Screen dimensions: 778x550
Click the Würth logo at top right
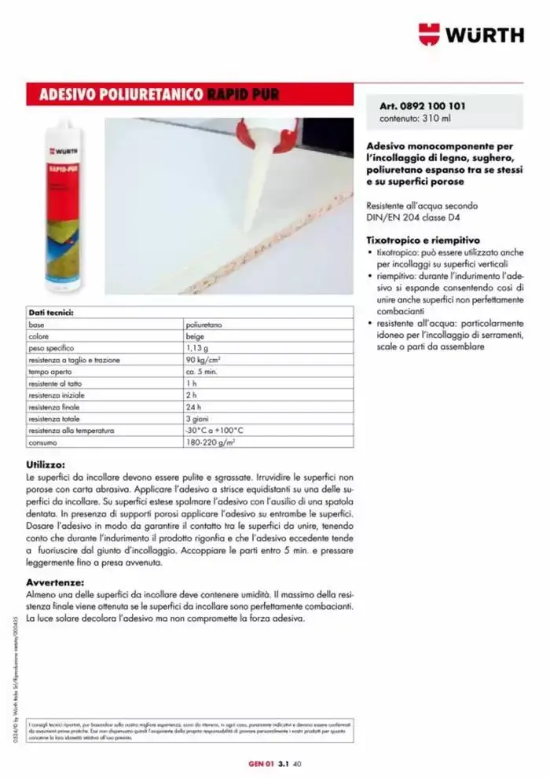[x=471, y=35]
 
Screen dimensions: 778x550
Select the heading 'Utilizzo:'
[x=45, y=465]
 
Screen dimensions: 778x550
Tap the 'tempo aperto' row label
[x=49, y=372]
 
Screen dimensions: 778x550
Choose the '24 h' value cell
[x=193, y=407]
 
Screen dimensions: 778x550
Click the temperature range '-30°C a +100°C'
[x=214, y=431]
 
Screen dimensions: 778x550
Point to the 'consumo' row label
[x=42, y=442]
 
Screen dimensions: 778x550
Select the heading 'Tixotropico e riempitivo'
[x=423, y=240]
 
